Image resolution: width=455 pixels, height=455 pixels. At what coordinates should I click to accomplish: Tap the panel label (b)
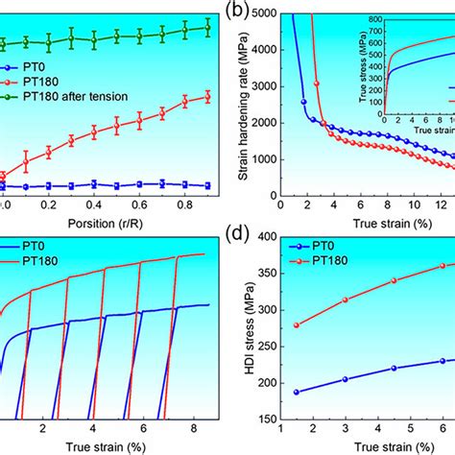point(237,14)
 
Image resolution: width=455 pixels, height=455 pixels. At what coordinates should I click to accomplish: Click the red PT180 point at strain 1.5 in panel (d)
point(296,324)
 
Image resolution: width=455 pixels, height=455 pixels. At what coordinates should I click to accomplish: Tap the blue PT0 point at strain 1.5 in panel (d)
point(296,392)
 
